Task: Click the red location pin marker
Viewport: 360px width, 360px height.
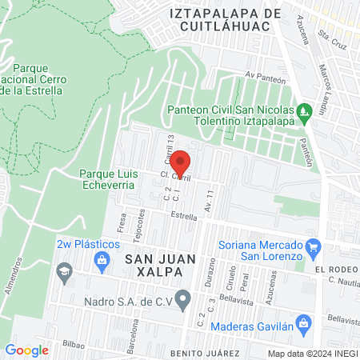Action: [181, 162]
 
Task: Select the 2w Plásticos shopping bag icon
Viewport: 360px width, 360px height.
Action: [102, 258]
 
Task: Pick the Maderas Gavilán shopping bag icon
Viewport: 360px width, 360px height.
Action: [302, 324]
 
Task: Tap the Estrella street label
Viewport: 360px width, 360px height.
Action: [184, 216]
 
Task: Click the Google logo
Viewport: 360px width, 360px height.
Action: [27, 350]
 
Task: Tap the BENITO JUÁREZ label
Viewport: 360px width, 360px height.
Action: [205, 353]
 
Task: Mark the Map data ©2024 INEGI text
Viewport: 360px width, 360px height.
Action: [311, 353]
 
